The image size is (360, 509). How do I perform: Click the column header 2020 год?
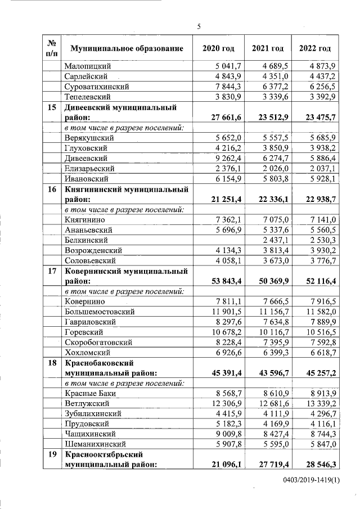pyautogui.click(x=218, y=48)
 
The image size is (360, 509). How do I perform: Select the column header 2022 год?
pyautogui.click(x=318, y=48)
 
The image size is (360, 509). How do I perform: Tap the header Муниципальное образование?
pyautogui.click(x=127, y=48)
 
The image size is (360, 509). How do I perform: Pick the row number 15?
pyautogui.click(x=51, y=107)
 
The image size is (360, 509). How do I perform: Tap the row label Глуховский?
pyautogui.click(x=89, y=148)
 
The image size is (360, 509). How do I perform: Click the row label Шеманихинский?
pyautogui.click(x=97, y=444)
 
